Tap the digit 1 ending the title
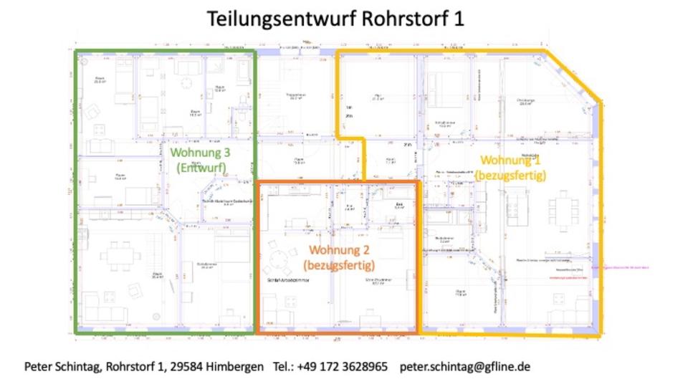458,19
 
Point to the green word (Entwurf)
201,168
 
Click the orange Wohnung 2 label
339,250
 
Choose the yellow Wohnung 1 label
510,160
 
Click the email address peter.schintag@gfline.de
465,366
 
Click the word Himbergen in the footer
234,366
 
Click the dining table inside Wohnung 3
117,255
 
